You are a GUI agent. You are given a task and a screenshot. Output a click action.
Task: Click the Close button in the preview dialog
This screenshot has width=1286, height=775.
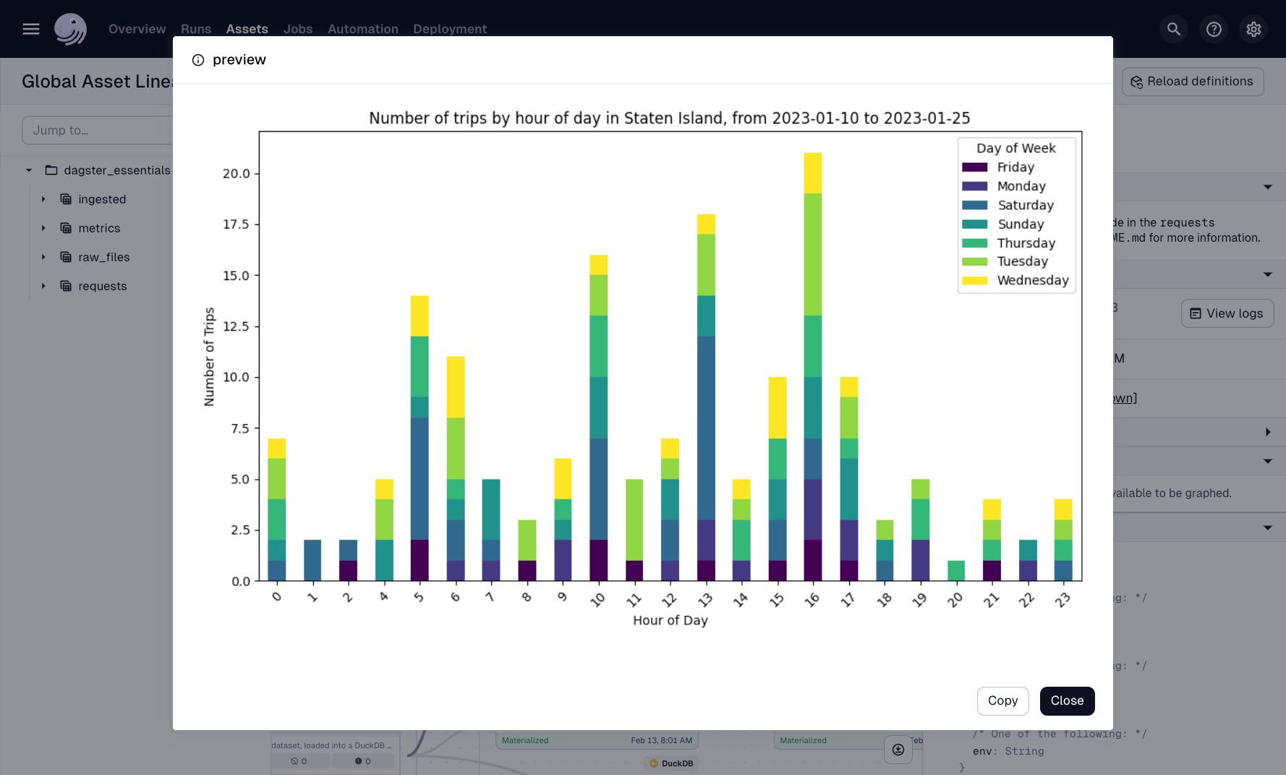(1067, 700)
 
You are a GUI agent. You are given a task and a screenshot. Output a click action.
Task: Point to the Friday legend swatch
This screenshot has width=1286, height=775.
(974, 167)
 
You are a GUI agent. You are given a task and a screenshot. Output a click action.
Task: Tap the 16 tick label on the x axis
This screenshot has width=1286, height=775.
(812, 600)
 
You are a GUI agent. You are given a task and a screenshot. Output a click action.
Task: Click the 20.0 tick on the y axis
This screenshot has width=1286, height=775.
(236, 174)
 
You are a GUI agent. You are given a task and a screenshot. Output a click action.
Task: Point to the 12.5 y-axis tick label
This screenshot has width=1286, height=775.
(236, 326)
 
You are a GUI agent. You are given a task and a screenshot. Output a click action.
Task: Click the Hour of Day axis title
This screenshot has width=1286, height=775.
(670, 620)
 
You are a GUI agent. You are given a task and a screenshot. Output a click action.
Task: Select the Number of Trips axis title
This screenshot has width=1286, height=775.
(209, 357)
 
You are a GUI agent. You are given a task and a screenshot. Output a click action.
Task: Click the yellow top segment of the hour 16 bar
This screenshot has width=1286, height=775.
(812, 173)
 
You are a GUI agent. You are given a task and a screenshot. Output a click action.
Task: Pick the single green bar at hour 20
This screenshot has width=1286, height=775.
(955, 570)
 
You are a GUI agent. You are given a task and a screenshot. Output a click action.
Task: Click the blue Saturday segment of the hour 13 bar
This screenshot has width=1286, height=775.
(706, 427)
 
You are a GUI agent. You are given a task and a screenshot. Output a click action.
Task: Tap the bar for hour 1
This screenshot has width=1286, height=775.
(312, 560)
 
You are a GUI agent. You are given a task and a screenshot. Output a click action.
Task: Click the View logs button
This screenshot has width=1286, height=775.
(1227, 313)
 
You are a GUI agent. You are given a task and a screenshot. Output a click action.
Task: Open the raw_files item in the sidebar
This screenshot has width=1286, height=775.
(103, 257)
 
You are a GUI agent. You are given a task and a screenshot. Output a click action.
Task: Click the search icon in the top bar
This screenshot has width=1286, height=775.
(1173, 29)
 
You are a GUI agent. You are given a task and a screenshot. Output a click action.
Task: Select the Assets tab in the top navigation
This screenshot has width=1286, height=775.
(247, 29)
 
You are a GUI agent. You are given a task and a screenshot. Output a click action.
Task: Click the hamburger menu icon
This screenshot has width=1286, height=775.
(31, 29)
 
